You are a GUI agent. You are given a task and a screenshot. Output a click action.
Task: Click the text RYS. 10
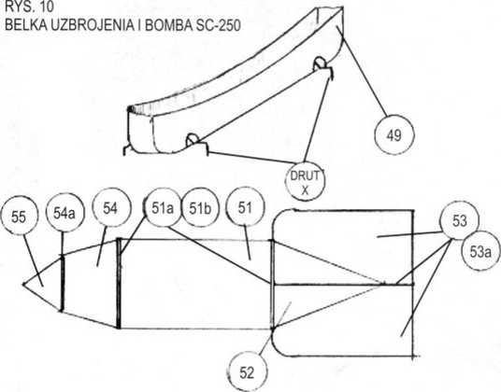29,7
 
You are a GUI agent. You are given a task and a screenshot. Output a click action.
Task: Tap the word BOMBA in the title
167,25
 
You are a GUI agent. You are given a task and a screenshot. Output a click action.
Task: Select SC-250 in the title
216,25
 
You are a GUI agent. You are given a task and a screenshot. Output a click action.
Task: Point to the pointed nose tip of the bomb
23,283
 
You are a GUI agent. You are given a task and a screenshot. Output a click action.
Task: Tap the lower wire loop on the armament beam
193,139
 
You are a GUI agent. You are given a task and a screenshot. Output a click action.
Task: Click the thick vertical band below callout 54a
63,283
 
